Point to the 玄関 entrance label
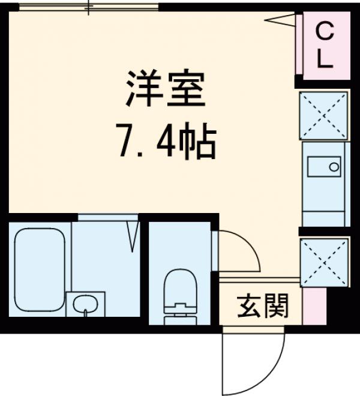[x=263, y=307]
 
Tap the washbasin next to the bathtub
[x=86, y=304]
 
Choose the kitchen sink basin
[x=325, y=165]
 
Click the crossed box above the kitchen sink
[x=324, y=115]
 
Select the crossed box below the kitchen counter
[x=325, y=262]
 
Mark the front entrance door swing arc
[x=246, y=360]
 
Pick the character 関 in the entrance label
[x=277, y=307]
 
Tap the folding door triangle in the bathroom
[x=133, y=236]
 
